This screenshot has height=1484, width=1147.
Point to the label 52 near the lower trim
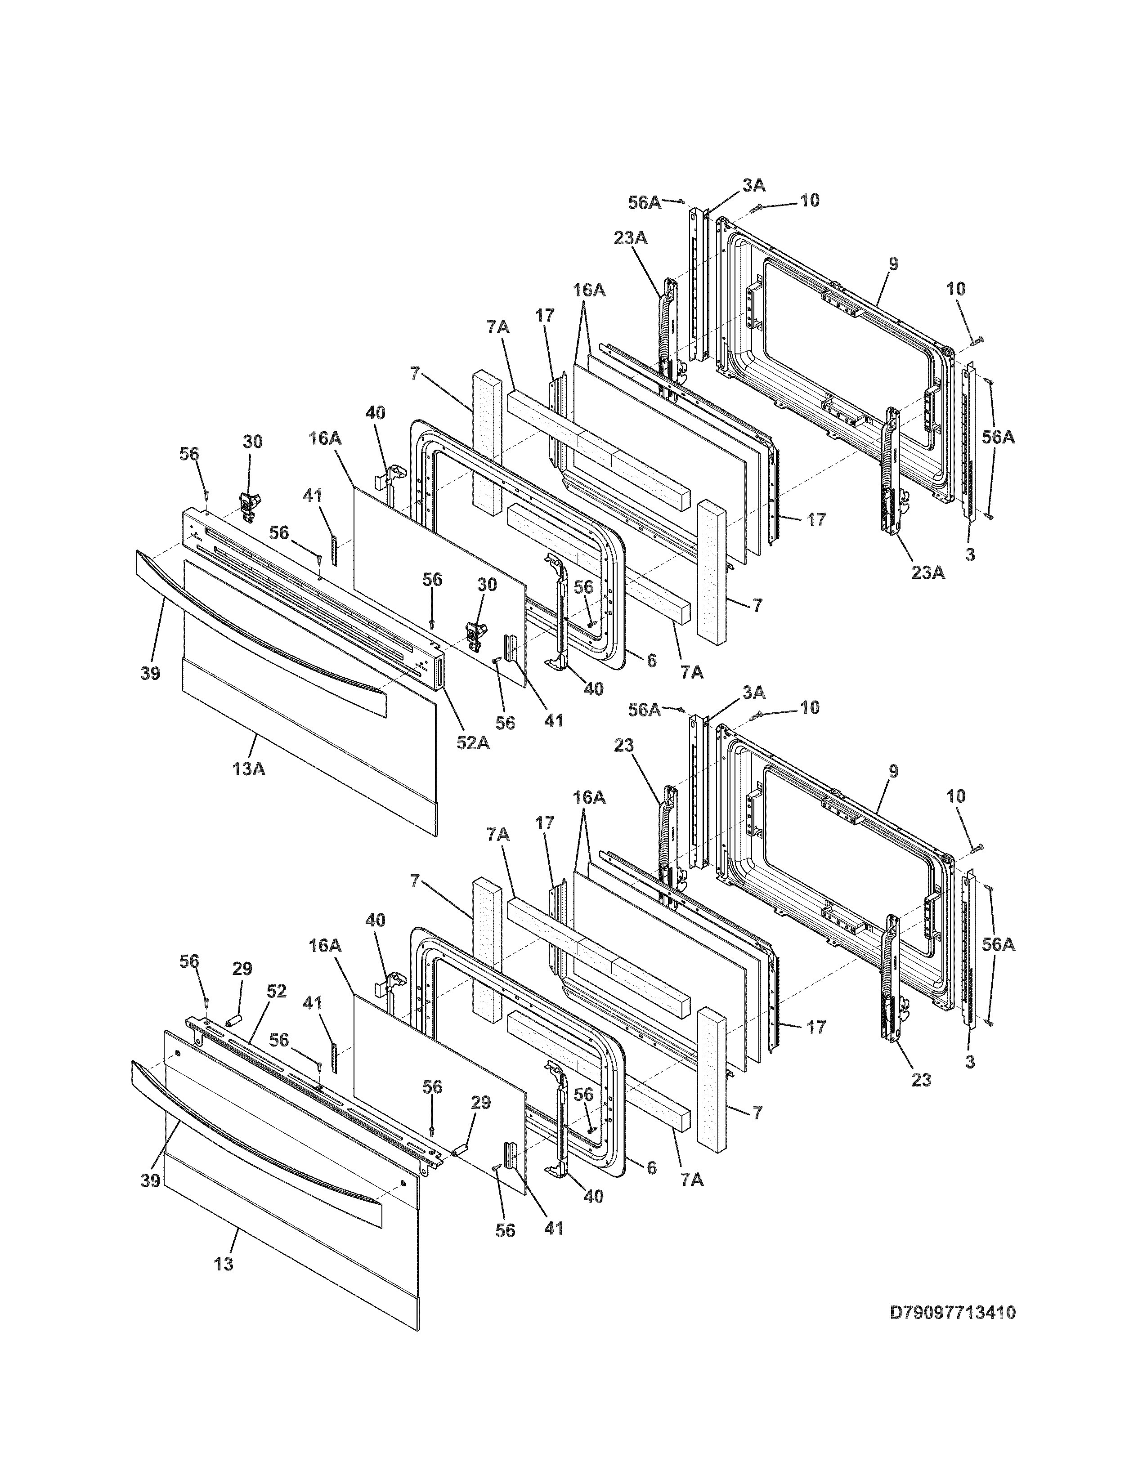[x=277, y=992]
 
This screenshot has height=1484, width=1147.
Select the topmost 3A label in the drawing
[x=753, y=185]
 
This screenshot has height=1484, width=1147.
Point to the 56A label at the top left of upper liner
[x=644, y=202]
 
